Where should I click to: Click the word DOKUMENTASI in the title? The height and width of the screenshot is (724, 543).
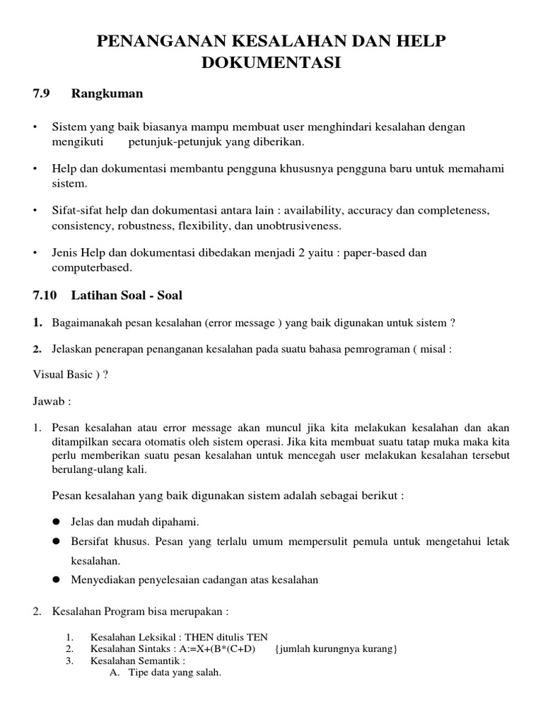coord(271,63)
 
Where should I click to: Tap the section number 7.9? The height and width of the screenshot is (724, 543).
coord(42,94)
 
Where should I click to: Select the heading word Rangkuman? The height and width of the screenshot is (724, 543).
coord(107,94)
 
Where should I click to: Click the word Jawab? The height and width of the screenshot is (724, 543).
coord(49,401)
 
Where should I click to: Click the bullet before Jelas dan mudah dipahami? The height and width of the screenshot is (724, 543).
coord(56,522)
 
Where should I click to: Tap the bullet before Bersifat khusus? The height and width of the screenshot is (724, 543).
coord(56,542)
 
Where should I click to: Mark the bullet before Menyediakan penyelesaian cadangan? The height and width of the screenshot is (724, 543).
coord(56,580)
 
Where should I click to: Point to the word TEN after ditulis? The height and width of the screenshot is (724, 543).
coord(257,636)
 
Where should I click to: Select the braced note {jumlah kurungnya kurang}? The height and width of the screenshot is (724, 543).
coord(336,649)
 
